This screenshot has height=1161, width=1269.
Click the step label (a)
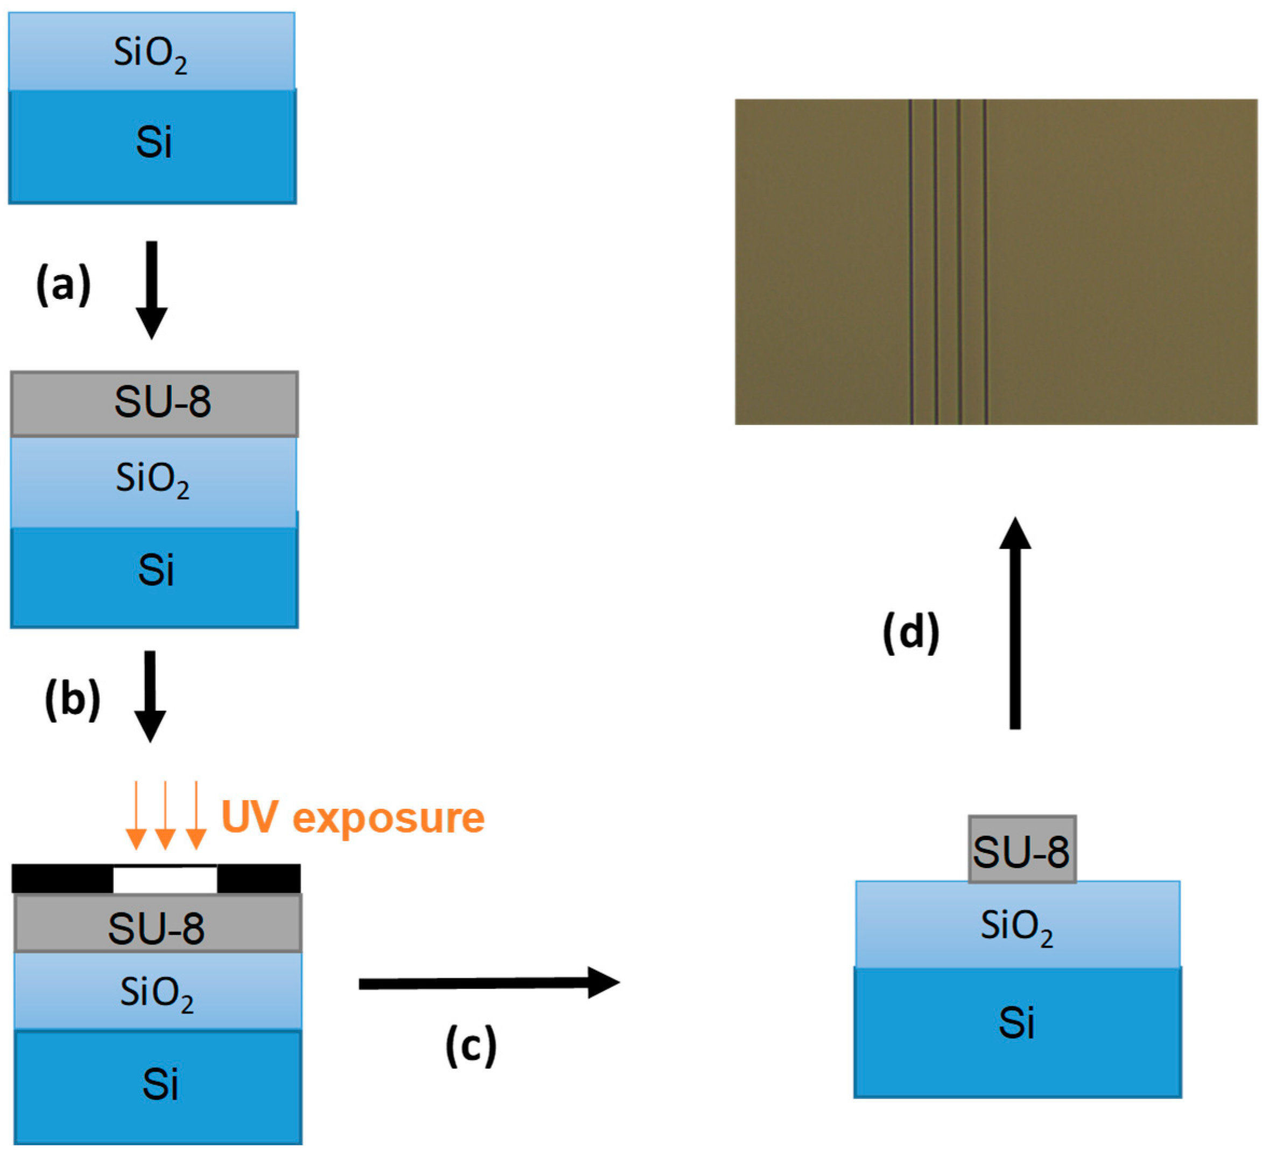tap(63, 285)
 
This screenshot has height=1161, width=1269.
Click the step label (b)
tap(72, 700)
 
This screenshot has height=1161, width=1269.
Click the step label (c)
tap(471, 1046)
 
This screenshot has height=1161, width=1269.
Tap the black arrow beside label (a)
tap(152, 290)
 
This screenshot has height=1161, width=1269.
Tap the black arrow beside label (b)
tap(150, 696)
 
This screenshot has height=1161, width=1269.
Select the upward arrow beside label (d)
tap(1015, 624)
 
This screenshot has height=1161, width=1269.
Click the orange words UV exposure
tap(353, 818)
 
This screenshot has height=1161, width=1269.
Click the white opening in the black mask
tap(165, 879)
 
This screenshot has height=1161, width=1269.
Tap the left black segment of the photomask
tap(62, 879)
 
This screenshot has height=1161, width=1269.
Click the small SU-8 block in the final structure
tap(1022, 850)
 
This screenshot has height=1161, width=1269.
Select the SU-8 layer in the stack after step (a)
tap(154, 403)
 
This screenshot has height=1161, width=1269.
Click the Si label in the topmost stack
tap(153, 142)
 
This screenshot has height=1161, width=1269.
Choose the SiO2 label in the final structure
tap(1016, 927)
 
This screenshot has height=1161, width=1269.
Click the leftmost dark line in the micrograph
tap(910, 261)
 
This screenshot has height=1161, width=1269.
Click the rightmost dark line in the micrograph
tap(985, 261)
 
